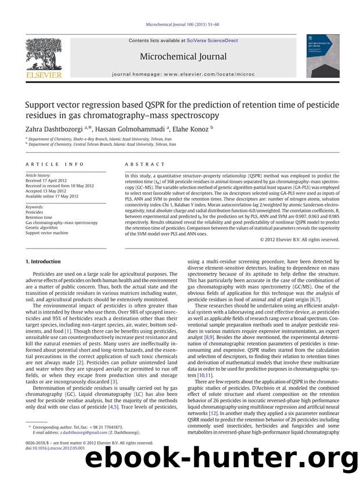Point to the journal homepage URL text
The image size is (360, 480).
[180, 74]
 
